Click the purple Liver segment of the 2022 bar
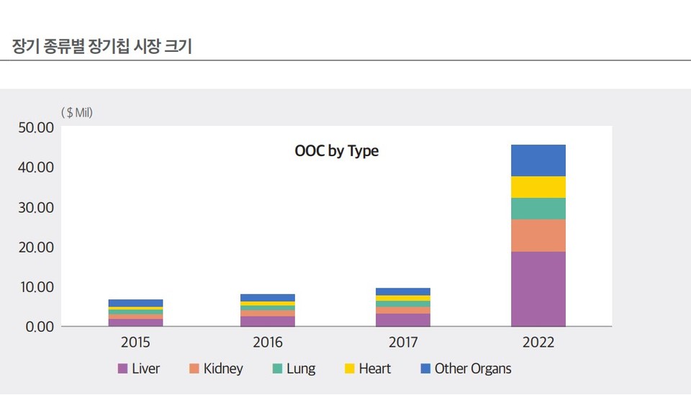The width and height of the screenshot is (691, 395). click(x=538, y=289)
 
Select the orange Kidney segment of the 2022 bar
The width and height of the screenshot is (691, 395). click(x=538, y=235)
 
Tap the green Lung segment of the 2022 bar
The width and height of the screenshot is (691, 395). click(x=538, y=209)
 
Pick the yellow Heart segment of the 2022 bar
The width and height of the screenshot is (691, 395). click(x=538, y=187)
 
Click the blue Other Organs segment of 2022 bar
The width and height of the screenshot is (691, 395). click(x=538, y=160)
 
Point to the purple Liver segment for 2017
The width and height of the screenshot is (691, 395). click(x=403, y=319)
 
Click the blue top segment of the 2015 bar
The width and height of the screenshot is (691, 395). click(x=135, y=303)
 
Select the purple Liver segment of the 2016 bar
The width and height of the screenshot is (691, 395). click(x=268, y=321)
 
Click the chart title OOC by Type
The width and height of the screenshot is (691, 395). click(x=336, y=152)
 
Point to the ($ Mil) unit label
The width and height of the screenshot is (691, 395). click(x=77, y=112)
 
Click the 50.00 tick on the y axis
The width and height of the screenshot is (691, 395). click(x=35, y=128)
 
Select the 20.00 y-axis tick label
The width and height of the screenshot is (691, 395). click(x=35, y=248)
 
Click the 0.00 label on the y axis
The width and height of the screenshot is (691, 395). click(x=38, y=327)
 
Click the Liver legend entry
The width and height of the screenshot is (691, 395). click(x=139, y=369)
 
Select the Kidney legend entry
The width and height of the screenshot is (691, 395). click(x=216, y=369)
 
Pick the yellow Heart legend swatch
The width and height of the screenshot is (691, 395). click(x=350, y=369)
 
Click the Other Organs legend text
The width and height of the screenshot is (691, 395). click(x=472, y=369)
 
